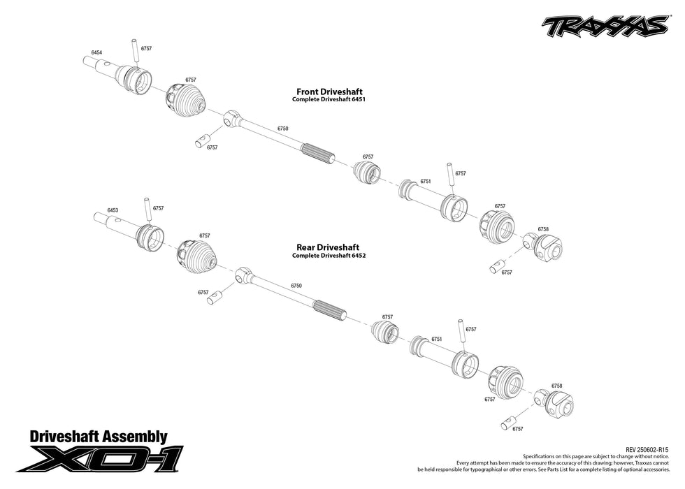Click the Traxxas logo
pos(603,26)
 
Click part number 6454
pos(97,53)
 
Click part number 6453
pos(113,210)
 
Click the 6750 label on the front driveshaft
pos(282,129)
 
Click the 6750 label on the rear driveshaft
pos(296,286)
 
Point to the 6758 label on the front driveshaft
pos(543,229)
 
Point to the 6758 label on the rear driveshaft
pos(556,386)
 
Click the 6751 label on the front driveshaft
pos(425,182)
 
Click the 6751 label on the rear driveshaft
pos(436,339)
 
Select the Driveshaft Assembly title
pos(99,437)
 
